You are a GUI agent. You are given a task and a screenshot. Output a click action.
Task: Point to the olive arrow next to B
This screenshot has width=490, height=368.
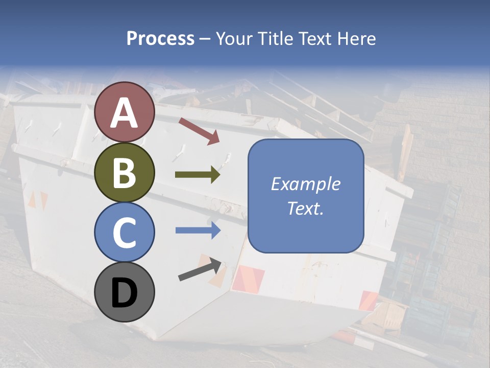click(x=198, y=175)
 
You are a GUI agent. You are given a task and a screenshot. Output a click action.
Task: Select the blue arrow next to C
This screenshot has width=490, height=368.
click(x=198, y=230)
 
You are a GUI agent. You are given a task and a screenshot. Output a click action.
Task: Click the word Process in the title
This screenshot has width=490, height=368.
click(x=160, y=39)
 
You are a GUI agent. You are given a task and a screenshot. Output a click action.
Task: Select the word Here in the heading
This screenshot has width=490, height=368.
click(x=357, y=39)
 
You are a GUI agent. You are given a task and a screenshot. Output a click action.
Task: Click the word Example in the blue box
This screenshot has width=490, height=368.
click(x=305, y=184)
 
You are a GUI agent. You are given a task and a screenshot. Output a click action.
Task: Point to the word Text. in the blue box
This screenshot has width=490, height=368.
click(x=305, y=208)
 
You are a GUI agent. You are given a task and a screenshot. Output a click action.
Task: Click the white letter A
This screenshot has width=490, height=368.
click(x=125, y=113)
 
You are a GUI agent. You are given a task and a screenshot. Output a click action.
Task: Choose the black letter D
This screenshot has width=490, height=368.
click(x=125, y=293)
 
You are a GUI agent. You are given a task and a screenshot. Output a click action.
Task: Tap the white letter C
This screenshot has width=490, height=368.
click(x=125, y=233)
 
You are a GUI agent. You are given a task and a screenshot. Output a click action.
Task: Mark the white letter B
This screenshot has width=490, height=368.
click(x=125, y=173)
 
